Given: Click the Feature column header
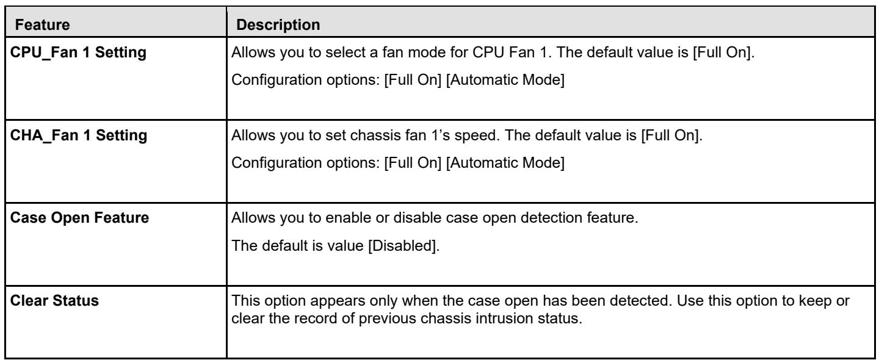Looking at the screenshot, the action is tap(42, 24).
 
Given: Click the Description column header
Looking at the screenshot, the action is tap(278, 24).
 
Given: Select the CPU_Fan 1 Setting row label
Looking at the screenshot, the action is tap(78, 52).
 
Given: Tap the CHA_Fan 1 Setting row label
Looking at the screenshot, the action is tap(79, 135).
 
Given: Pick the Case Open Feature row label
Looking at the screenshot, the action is tap(79, 218).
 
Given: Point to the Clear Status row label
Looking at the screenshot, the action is tap(54, 301).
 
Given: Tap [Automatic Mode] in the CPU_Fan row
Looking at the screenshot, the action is tap(505, 80).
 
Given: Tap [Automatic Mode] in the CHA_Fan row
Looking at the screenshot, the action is tap(505, 163).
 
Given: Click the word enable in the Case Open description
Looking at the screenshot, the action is tap(348, 218).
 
